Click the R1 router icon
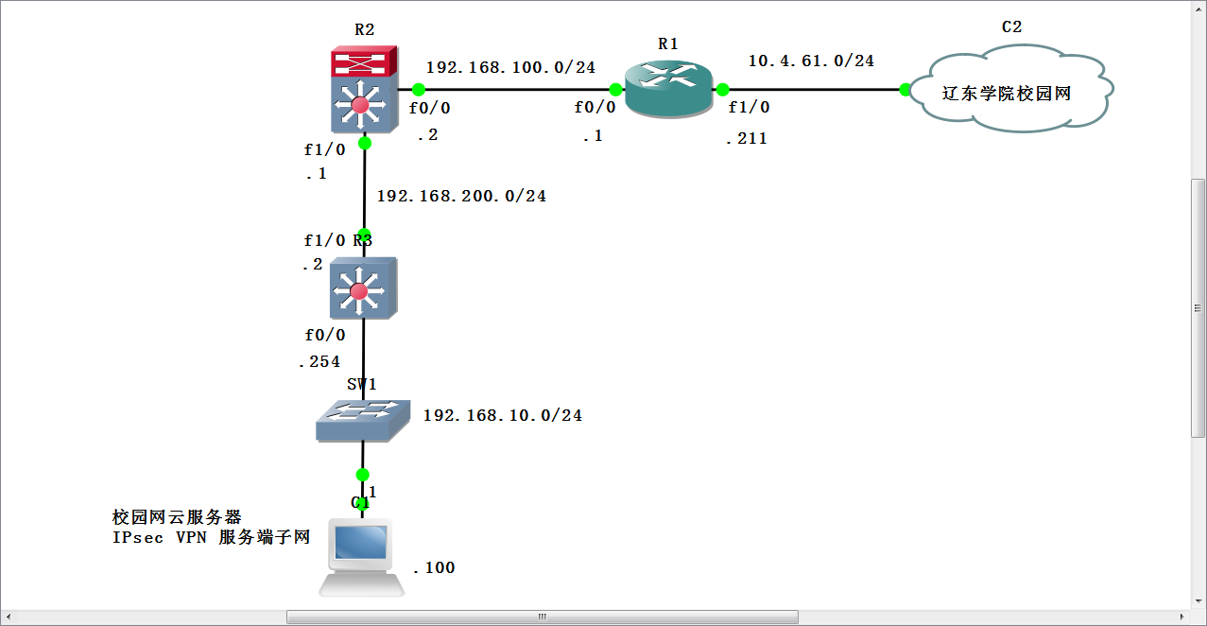668,90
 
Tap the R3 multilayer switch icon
359,287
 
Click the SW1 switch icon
363,420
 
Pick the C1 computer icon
361,557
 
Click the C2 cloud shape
1012,93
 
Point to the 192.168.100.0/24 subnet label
510,67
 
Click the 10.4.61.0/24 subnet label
811,61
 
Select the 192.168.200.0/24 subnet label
461,196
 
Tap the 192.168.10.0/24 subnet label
502,415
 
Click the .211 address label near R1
746,139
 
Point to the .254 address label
319,361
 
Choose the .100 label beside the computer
434,567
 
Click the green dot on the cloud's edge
905,90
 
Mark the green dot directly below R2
365,143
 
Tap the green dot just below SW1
361,475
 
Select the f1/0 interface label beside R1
749,107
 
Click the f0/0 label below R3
324,335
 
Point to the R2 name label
364,29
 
